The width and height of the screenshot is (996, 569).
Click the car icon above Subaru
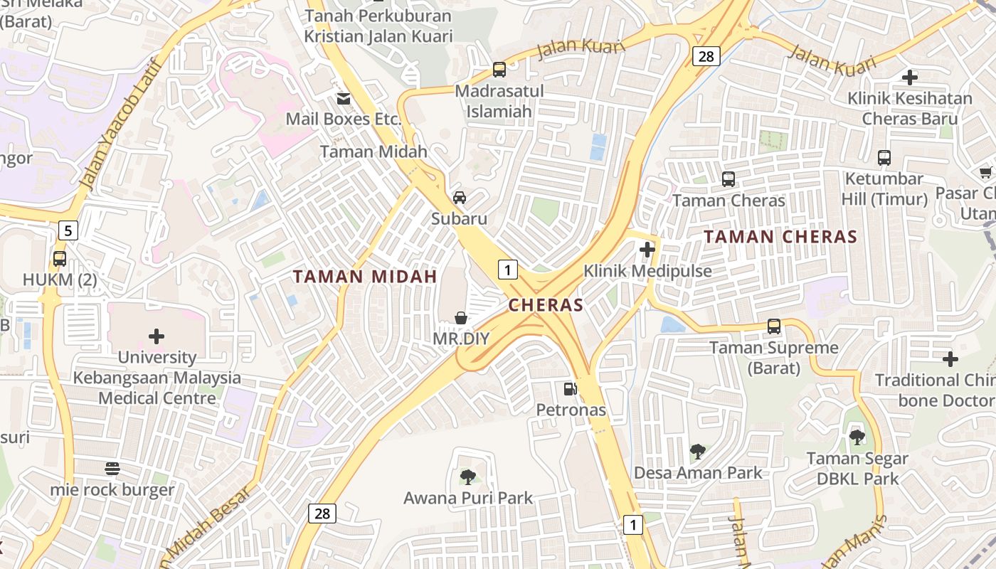(460, 197)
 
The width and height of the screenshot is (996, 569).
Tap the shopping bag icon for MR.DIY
(461, 317)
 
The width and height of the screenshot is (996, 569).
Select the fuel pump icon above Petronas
(570, 388)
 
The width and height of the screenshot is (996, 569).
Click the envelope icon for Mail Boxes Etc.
(344, 98)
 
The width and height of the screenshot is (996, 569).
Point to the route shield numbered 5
(68, 230)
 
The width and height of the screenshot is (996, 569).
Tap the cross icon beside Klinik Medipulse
(647, 250)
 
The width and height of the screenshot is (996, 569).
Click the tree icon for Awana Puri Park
(467, 477)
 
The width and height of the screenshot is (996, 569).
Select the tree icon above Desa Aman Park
(698, 451)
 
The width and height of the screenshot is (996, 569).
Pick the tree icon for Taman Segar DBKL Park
(857, 437)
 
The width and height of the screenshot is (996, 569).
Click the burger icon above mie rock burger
(112, 469)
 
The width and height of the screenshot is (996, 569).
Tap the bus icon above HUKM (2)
(60, 258)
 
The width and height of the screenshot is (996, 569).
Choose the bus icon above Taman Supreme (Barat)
(774, 326)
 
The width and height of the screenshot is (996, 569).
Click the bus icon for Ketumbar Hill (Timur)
(884, 158)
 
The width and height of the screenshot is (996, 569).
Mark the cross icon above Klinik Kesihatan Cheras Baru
(910, 77)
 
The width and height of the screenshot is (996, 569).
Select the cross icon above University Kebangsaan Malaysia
(157, 336)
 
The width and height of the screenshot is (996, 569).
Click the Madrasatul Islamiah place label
(499, 101)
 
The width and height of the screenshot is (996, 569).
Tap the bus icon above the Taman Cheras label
(729, 179)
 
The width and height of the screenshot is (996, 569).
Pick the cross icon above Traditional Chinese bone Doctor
(950, 359)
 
